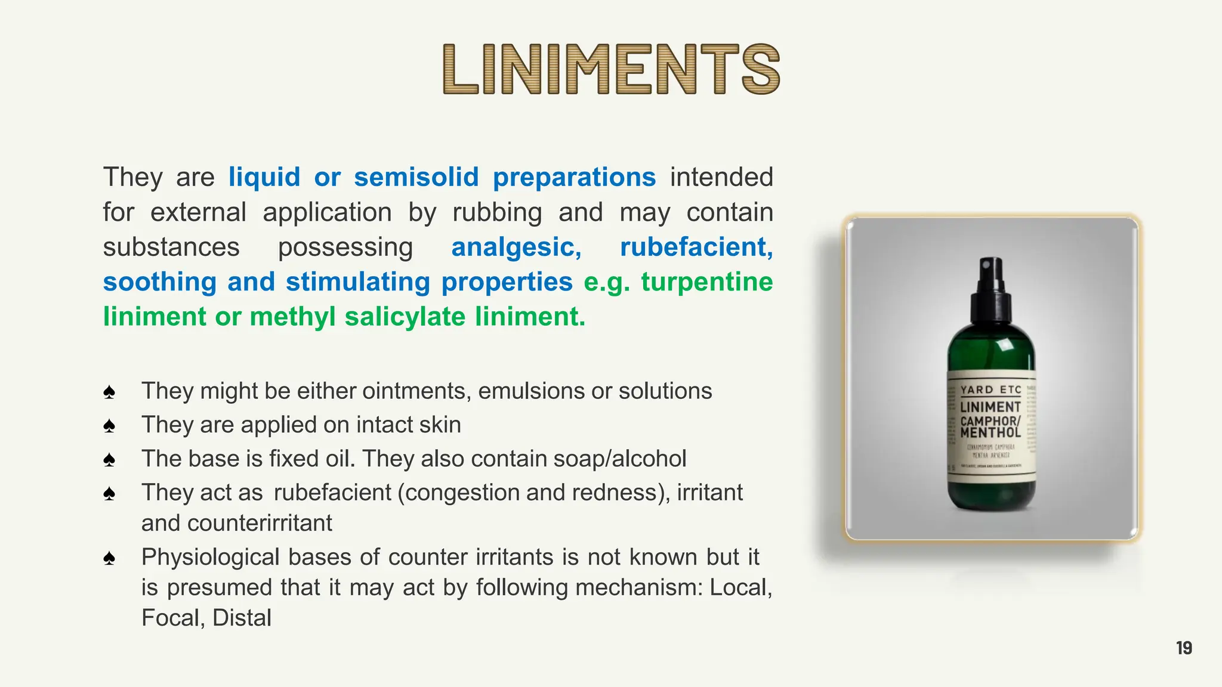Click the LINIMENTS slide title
pos(611,69)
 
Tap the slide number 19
pos(1184,648)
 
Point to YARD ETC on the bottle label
pos(991,389)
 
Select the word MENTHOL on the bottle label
pos(990,432)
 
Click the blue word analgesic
pos(516,247)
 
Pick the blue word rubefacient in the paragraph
pos(696,247)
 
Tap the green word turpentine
pos(707,281)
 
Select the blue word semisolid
pos(416,177)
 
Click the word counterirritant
pos(260,523)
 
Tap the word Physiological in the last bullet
pos(211,557)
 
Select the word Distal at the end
pos(242,618)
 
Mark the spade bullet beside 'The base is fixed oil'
pos(109,460)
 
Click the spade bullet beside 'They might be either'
pos(109,392)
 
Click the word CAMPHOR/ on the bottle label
pos(990,420)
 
